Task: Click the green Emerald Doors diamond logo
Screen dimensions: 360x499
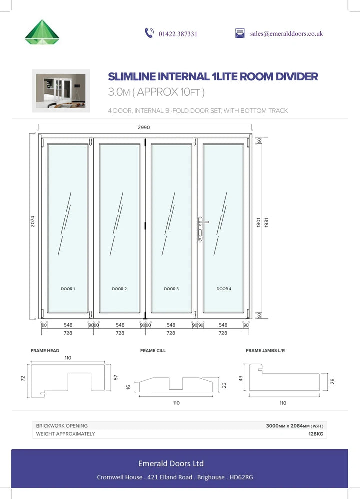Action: click(x=42, y=32)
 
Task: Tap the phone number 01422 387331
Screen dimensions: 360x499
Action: click(x=178, y=34)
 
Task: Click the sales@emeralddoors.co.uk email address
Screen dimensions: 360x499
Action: click(x=286, y=33)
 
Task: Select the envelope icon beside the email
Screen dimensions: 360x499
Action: click(x=240, y=33)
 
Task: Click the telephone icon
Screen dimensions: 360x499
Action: click(x=149, y=33)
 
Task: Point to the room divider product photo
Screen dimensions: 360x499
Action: click(x=61, y=91)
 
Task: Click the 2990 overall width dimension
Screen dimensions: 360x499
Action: click(x=144, y=127)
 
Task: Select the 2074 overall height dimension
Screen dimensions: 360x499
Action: click(x=33, y=221)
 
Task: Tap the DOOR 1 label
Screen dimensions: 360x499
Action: click(x=68, y=289)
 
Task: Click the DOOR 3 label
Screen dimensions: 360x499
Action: click(x=171, y=289)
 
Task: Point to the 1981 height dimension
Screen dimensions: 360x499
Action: click(x=266, y=222)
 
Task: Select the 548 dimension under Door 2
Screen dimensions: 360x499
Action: click(x=120, y=325)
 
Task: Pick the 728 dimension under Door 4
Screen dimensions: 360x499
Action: click(x=223, y=333)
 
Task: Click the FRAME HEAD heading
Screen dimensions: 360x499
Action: click(x=45, y=350)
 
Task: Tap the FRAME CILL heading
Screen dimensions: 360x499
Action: click(x=153, y=350)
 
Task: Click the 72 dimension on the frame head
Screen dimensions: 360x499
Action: click(x=23, y=378)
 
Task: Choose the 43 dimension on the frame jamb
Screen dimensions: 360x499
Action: click(x=241, y=378)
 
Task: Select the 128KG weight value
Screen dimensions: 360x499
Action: click(x=316, y=434)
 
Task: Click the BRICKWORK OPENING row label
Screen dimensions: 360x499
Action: click(x=62, y=426)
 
